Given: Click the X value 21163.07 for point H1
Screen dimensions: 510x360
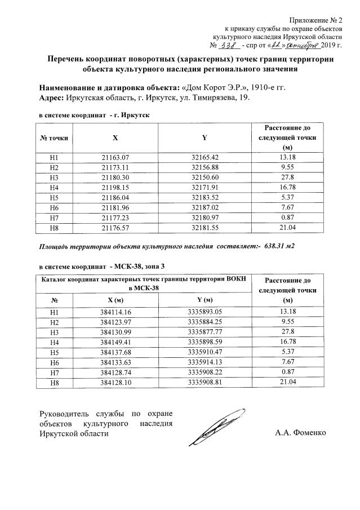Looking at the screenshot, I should pyautogui.click(x=115, y=157).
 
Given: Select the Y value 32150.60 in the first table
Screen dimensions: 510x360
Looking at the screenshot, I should pyautogui.click(x=205, y=176).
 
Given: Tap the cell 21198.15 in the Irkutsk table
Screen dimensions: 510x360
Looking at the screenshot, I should pyautogui.click(x=115, y=187).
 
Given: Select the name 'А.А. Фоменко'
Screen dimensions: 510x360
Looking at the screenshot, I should pyautogui.click(x=301, y=433).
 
